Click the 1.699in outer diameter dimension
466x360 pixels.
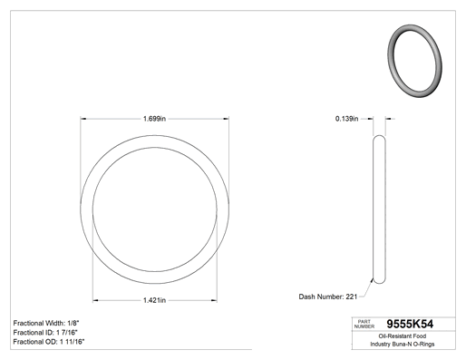pos(154,119)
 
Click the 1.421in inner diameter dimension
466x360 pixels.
pos(154,300)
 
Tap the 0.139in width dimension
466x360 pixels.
pos(346,119)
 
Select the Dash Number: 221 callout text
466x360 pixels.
pos(328,297)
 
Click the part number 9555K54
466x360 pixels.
pos(410,324)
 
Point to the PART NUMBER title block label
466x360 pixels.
pos(364,324)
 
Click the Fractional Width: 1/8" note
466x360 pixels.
pos(46,323)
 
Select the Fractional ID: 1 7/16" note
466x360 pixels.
pos(45,333)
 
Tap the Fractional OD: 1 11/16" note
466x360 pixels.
pos(49,342)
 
